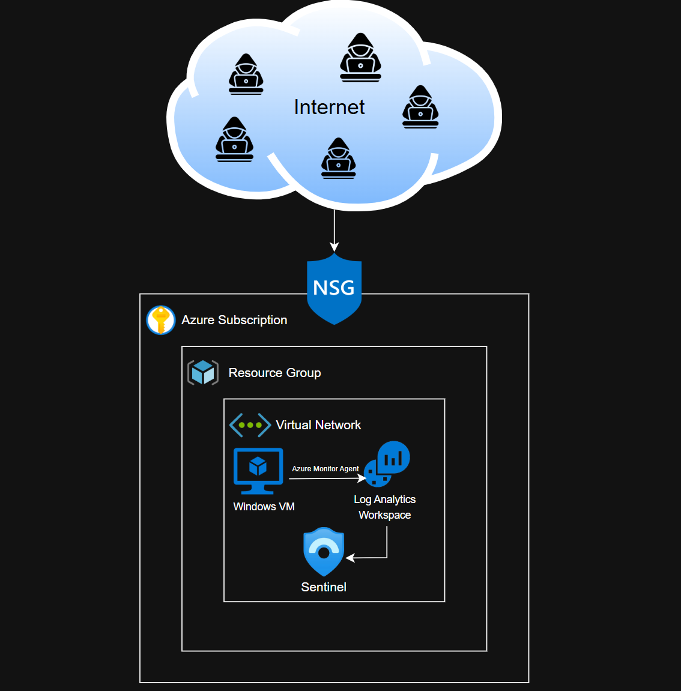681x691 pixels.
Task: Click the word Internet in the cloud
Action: click(x=329, y=107)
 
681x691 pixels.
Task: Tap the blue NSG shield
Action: click(x=334, y=288)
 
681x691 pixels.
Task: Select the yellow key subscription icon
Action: click(x=161, y=320)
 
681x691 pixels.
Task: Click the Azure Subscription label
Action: click(x=234, y=320)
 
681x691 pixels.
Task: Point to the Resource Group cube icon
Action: click(x=203, y=373)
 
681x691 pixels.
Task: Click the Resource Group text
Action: click(x=274, y=373)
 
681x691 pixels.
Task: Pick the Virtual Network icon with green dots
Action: click(x=250, y=425)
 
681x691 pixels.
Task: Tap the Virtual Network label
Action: click(x=318, y=425)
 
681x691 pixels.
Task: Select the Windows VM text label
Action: click(x=264, y=507)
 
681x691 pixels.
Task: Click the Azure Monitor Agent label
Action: click(x=325, y=469)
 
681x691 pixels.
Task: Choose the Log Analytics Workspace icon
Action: click(x=387, y=463)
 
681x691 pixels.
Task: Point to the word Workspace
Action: click(x=385, y=515)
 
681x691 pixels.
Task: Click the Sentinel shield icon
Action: click(x=324, y=551)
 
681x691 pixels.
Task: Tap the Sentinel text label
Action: click(x=324, y=587)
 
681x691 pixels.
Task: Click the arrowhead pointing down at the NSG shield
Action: click(x=334, y=247)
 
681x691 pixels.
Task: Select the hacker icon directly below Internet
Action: click(x=339, y=158)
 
